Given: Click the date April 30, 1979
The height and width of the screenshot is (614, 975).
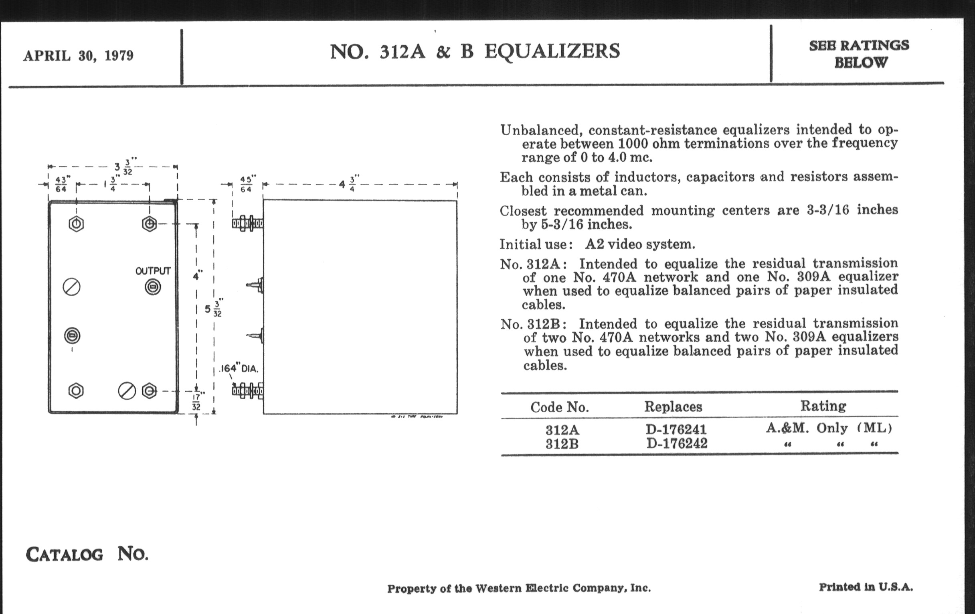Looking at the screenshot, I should (78, 55).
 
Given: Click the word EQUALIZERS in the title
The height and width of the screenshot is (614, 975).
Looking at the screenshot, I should (552, 51).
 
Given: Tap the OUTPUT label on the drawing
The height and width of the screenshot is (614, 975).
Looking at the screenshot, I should (153, 271).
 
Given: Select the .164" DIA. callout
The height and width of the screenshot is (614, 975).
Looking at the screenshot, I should (239, 369).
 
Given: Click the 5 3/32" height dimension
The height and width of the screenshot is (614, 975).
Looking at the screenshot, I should (213, 309).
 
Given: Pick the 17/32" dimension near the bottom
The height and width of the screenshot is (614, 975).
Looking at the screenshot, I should (196, 401).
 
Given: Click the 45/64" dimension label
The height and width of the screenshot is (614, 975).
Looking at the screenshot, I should (246, 185).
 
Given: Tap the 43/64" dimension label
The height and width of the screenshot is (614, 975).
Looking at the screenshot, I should (61, 185).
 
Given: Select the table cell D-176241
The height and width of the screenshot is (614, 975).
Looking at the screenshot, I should (676, 429).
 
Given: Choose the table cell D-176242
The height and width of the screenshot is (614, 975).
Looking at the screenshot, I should (677, 443).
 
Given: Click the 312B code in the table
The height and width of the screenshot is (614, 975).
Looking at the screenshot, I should (562, 444).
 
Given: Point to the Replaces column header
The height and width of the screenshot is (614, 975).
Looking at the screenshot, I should (673, 407).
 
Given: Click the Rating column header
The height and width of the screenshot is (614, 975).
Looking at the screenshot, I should (823, 406).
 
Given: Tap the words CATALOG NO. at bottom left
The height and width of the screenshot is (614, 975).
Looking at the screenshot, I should (87, 554).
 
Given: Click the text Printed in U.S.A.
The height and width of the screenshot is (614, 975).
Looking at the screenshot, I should (866, 587).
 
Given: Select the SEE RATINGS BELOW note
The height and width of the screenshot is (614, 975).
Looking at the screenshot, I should (859, 54).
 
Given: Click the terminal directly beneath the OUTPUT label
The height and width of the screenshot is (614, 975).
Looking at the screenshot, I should (153, 287).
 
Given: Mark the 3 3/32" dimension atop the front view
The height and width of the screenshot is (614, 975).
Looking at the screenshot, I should (123, 167).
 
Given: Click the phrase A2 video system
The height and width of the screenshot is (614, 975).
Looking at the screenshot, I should (640, 244).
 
